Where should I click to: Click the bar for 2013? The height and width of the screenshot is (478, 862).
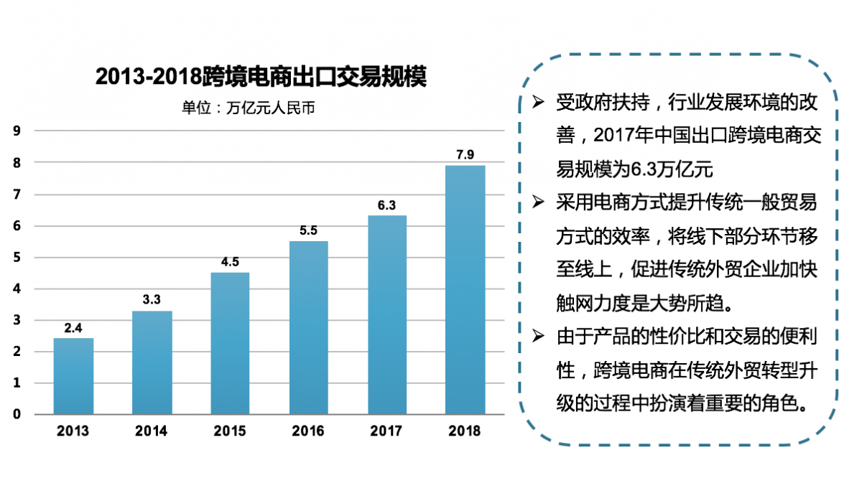click(73, 376)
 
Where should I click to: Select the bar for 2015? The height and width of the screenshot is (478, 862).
click(230, 343)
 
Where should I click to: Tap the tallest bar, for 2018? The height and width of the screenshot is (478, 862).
click(465, 290)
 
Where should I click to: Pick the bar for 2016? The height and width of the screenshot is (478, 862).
click(309, 327)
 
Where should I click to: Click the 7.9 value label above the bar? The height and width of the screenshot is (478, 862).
click(465, 154)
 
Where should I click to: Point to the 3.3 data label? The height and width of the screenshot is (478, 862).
click(152, 300)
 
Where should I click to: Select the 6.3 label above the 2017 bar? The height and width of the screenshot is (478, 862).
click(386, 205)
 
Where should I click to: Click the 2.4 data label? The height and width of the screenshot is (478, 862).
click(73, 328)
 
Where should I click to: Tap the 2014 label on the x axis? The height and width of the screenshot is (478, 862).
click(152, 431)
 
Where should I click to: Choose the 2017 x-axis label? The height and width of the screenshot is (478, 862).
click(386, 431)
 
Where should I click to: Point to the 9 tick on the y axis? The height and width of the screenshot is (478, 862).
click(17, 131)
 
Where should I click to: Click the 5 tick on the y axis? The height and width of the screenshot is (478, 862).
click(17, 257)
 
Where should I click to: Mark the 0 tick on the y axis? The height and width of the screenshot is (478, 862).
click(17, 414)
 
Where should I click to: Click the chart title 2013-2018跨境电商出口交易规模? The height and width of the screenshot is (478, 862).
click(261, 77)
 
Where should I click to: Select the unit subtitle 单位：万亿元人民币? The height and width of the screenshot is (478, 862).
click(249, 109)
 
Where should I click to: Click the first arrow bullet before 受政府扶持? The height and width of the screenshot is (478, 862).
click(538, 102)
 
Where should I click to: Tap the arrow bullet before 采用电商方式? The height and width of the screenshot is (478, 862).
click(538, 203)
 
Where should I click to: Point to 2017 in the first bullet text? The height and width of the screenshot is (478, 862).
click(615, 136)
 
